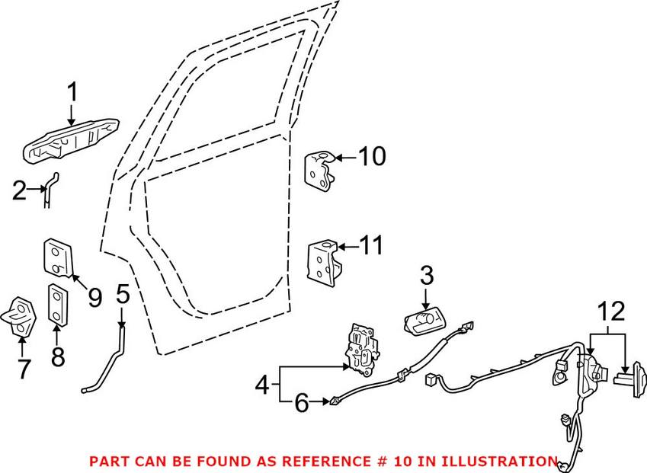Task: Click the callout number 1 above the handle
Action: (72, 94)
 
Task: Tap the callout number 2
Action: (19, 190)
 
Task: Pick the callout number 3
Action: (425, 275)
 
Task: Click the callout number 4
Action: (261, 385)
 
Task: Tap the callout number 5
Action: (123, 293)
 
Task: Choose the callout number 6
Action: (302, 403)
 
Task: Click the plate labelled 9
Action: (55, 257)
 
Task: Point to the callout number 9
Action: (94, 297)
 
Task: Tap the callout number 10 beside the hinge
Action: (372, 157)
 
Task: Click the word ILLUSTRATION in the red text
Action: (499, 462)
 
